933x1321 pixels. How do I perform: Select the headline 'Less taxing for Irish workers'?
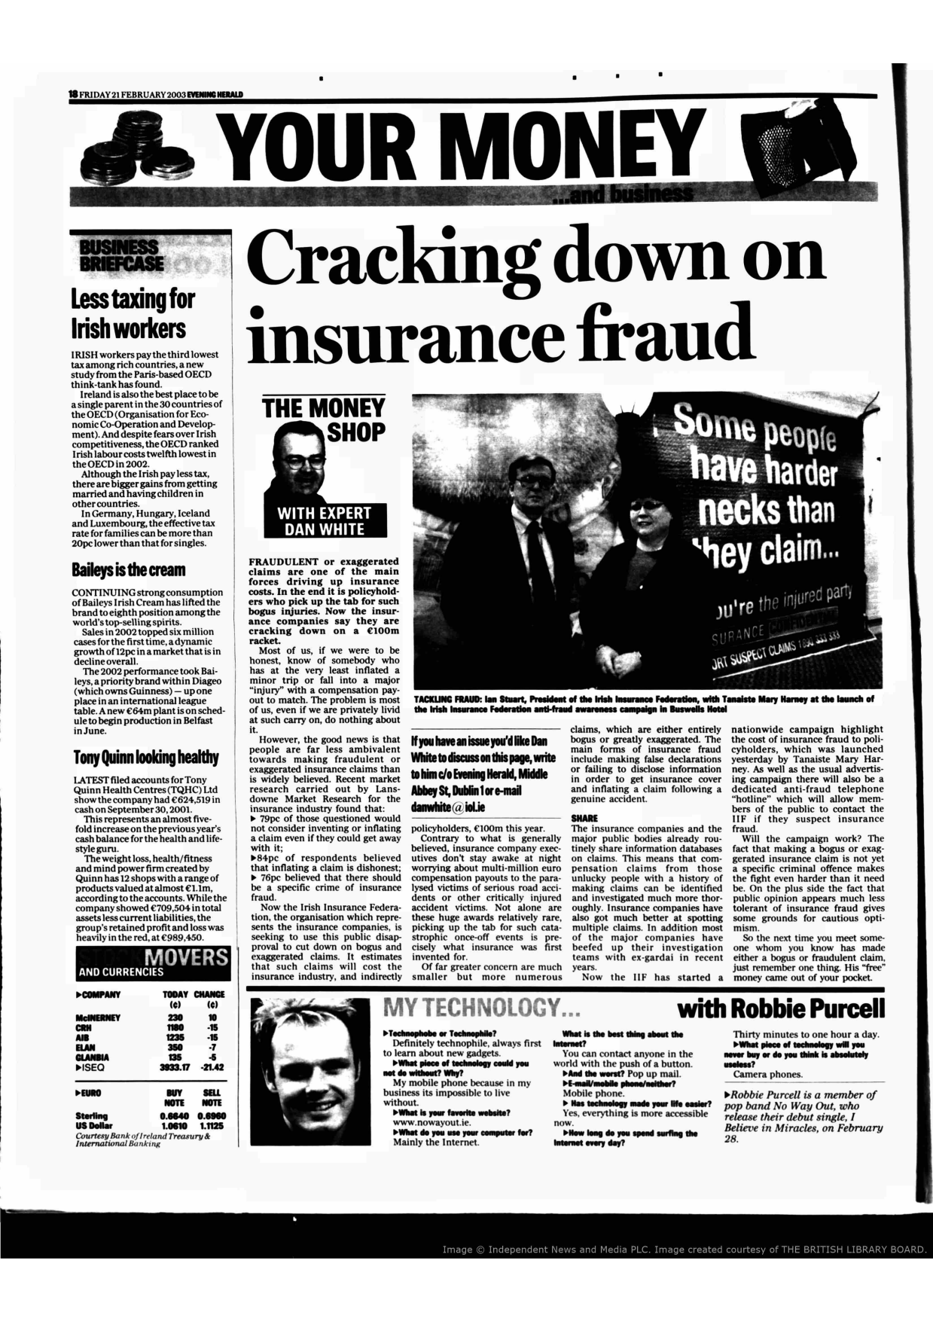click(133, 313)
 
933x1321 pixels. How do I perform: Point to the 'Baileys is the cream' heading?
click(128, 570)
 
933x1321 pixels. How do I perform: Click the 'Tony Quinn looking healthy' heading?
click(145, 757)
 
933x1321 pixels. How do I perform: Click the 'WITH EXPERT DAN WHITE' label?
click(325, 521)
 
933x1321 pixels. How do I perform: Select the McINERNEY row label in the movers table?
click(98, 1017)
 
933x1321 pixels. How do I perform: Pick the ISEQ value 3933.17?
click(174, 1066)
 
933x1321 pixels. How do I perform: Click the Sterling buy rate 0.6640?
click(174, 1115)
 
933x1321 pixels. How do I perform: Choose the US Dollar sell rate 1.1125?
click(212, 1125)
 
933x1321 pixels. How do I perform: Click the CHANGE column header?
click(210, 994)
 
